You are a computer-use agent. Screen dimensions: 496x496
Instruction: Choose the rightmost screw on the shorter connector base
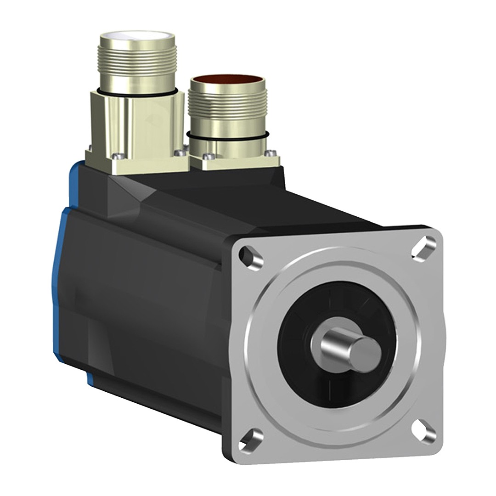pos(272,153)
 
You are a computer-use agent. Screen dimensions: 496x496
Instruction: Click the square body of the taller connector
pos(138,124)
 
